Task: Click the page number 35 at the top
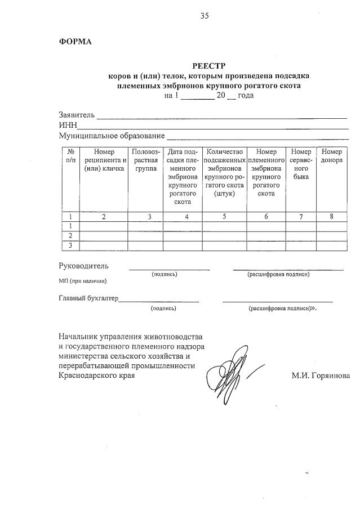pos(204,16)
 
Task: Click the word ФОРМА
pos(75,42)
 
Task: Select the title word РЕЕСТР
pos(209,66)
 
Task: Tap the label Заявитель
pos(77,115)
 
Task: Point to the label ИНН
pos(68,126)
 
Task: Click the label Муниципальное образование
pos(112,136)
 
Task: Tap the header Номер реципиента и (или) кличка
pos(104,160)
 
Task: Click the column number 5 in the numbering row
pos(224,216)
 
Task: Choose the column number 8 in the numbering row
pos(331,216)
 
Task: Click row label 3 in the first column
pos(70,245)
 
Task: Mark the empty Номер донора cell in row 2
pos(331,235)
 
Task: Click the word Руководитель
pos(84,266)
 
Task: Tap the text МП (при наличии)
pos(82,280)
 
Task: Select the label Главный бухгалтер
pos(88,298)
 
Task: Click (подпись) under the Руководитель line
pos(164,274)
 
